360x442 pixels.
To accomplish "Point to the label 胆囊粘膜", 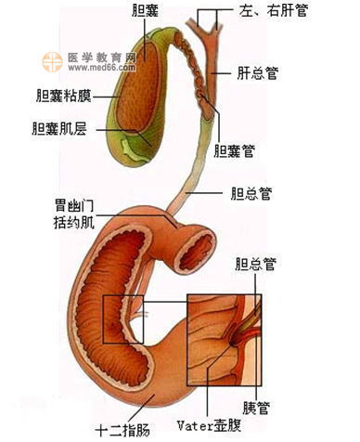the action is click(61, 94).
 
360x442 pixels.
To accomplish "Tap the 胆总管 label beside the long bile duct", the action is click(251, 194).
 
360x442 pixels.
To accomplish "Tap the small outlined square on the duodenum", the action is click(123, 319).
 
